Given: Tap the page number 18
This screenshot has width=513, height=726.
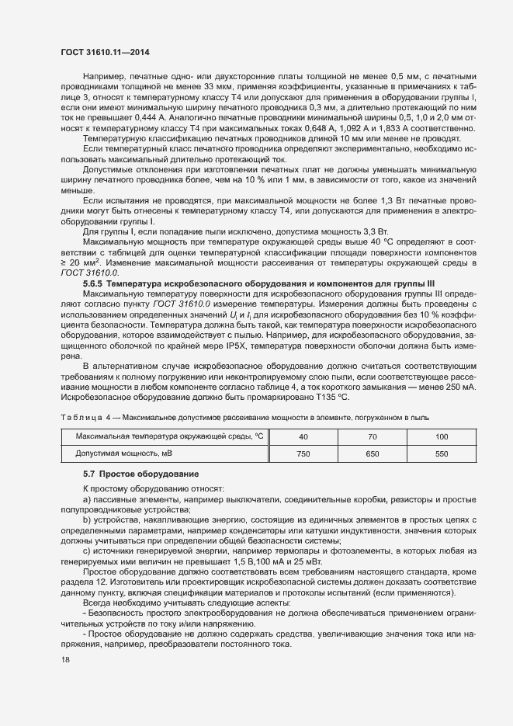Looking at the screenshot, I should [65, 660].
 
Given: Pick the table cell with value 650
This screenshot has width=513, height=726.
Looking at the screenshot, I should [373, 453].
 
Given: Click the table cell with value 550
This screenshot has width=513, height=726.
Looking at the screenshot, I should [442, 453].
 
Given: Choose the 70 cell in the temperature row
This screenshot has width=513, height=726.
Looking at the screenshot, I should [373, 436].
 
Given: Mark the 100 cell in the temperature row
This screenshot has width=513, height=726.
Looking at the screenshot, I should [442, 436].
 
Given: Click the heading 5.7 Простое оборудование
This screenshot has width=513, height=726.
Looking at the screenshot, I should [130, 474].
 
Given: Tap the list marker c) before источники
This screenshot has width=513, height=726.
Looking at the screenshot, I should [87, 551].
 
